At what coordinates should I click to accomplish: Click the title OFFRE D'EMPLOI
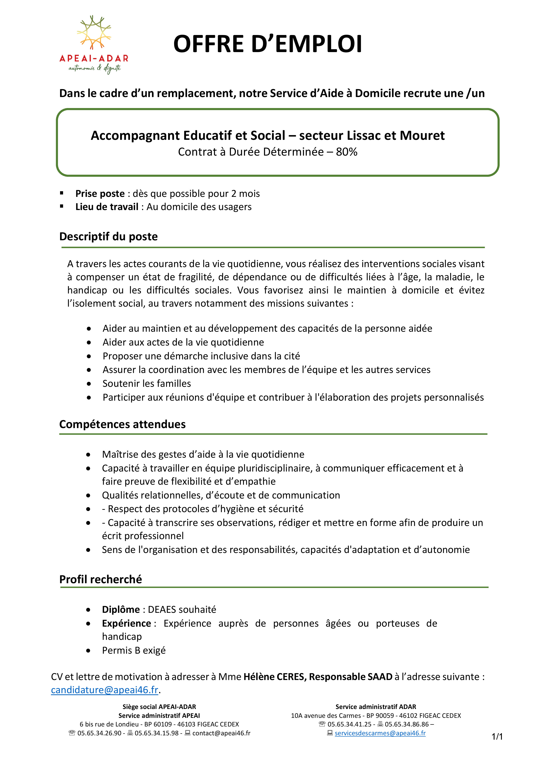(x=268, y=44)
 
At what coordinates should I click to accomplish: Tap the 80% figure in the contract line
(x=347, y=152)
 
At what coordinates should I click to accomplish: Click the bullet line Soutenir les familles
(x=146, y=383)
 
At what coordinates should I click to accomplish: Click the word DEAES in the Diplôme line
(x=160, y=609)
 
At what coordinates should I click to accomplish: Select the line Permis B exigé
(x=134, y=650)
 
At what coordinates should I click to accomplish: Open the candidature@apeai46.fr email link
(x=105, y=690)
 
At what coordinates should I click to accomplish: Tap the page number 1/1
(x=497, y=737)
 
